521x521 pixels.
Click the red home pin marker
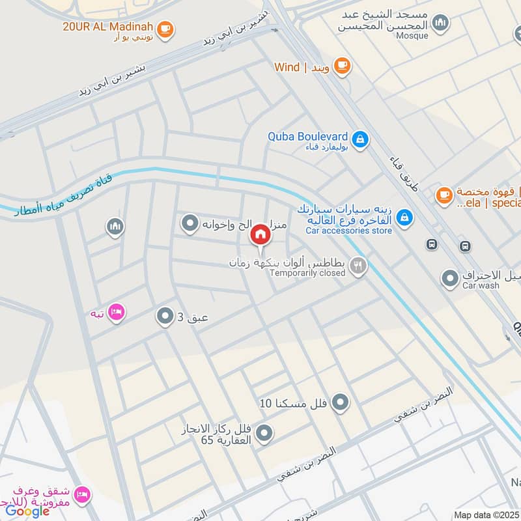point(260,234)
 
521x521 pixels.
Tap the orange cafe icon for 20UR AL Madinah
point(165,28)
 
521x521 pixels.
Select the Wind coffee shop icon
point(341,65)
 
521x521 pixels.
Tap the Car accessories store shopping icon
point(404,217)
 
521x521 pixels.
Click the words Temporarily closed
point(307,273)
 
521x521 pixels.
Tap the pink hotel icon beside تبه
point(117,312)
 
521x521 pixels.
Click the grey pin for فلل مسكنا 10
point(339,403)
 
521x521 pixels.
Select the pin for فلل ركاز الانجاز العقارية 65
point(264,432)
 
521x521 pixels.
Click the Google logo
point(27,511)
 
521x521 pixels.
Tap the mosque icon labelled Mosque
point(441,23)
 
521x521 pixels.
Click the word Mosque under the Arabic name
point(412,36)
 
